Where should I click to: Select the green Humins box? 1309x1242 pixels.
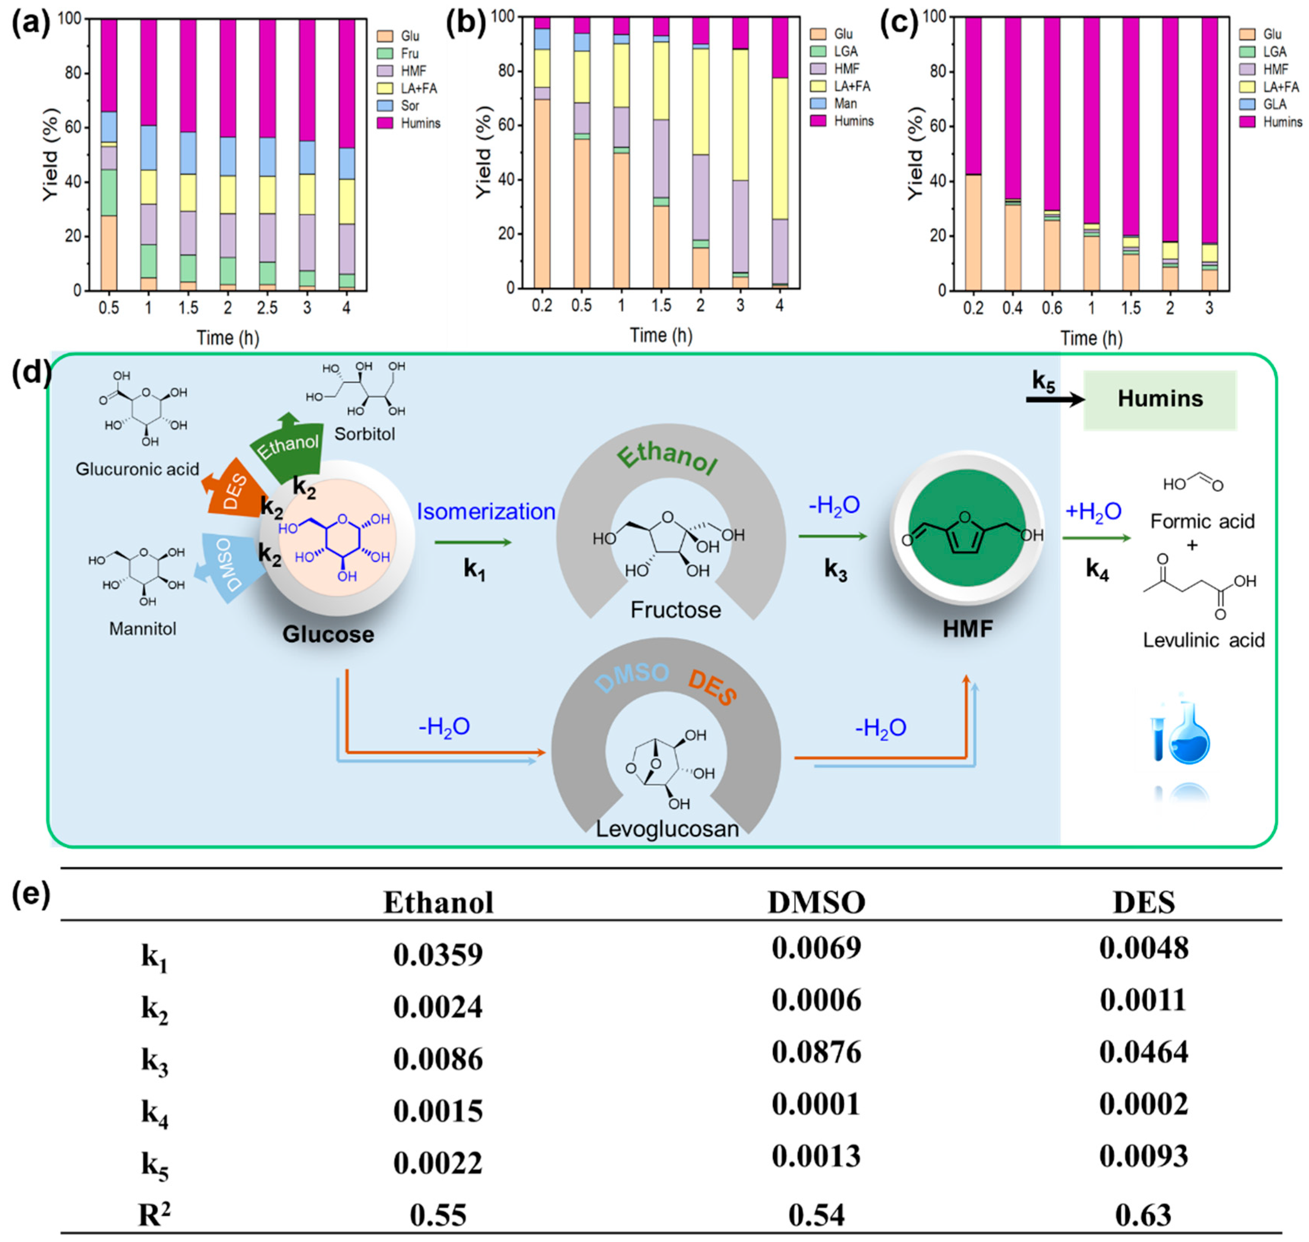click(x=1159, y=399)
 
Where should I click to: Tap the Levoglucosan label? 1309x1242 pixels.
click(x=667, y=829)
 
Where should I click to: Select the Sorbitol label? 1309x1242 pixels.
click(x=365, y=434)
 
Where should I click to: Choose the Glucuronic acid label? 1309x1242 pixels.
click(x=137, y=469)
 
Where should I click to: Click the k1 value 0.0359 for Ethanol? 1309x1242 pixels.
click(x=438, y=955)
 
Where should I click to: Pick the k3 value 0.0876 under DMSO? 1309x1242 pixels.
click(x=816, y=1052)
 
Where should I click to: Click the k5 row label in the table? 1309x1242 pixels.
click(x=154, y=1166)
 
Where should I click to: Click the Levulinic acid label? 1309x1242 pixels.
click(x=1203, y=640)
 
